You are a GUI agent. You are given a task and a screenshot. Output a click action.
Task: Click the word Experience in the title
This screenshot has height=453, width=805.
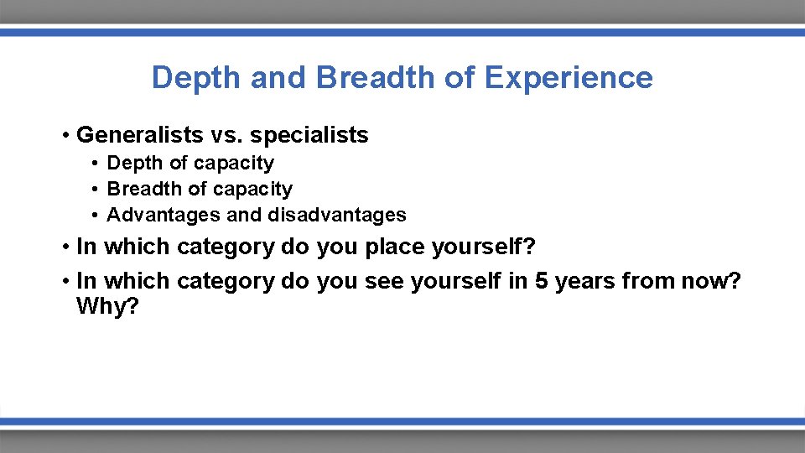(569, 78)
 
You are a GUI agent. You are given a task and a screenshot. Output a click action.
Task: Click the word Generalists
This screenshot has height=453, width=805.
(134, 134)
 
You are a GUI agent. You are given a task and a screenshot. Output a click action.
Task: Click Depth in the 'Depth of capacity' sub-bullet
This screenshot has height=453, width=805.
(132, 163)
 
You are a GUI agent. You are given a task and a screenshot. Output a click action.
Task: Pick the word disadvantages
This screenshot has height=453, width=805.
(337, 215)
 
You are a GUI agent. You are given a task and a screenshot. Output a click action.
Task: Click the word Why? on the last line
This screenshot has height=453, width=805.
(107, 306)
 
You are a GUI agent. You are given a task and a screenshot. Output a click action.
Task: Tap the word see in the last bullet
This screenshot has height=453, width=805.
(384, 280)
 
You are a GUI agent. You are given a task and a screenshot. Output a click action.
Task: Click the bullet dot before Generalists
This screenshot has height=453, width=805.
(65, 135)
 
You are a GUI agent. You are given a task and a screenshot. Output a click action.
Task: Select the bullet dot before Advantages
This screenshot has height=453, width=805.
(97, 216)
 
